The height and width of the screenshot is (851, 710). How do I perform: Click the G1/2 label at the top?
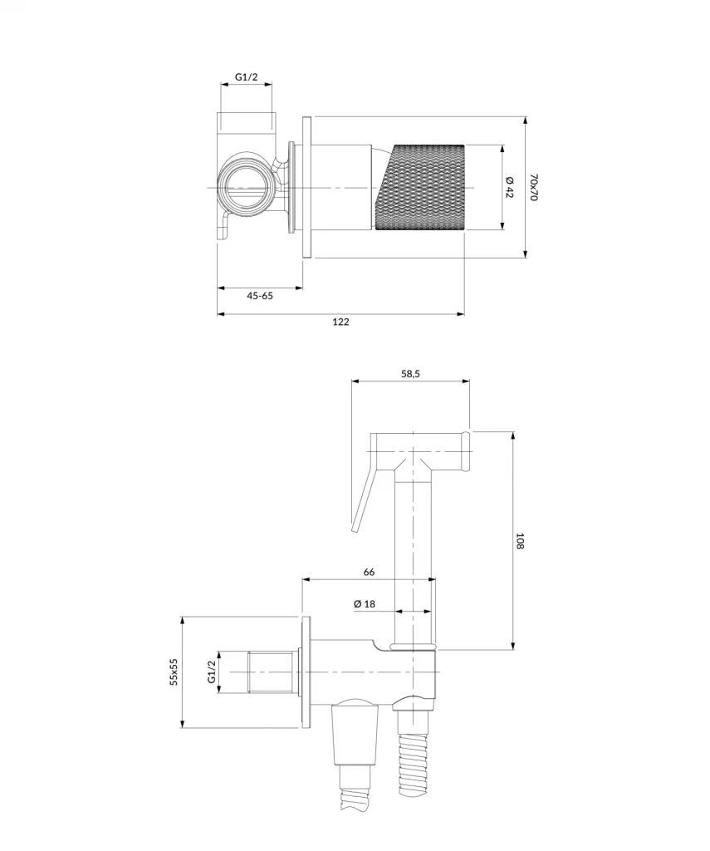[247, 77]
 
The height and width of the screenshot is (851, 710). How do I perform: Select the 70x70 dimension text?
[535, 187]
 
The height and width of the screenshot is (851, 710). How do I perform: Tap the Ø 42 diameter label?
[510, 187]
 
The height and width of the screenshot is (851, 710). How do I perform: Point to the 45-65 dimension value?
[260, 295]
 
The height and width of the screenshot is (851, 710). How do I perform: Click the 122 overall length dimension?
[341, 322]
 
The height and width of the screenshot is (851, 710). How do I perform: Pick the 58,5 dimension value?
[411, 374]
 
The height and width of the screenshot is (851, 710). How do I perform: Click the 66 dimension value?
[370, 572]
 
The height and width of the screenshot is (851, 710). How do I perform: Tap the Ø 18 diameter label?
[365, 603]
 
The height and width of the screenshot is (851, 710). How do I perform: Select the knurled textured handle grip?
[422, 187]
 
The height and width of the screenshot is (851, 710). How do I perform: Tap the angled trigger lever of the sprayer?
[363, 499]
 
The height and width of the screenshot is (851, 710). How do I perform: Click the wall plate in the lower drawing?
[306, 671]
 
